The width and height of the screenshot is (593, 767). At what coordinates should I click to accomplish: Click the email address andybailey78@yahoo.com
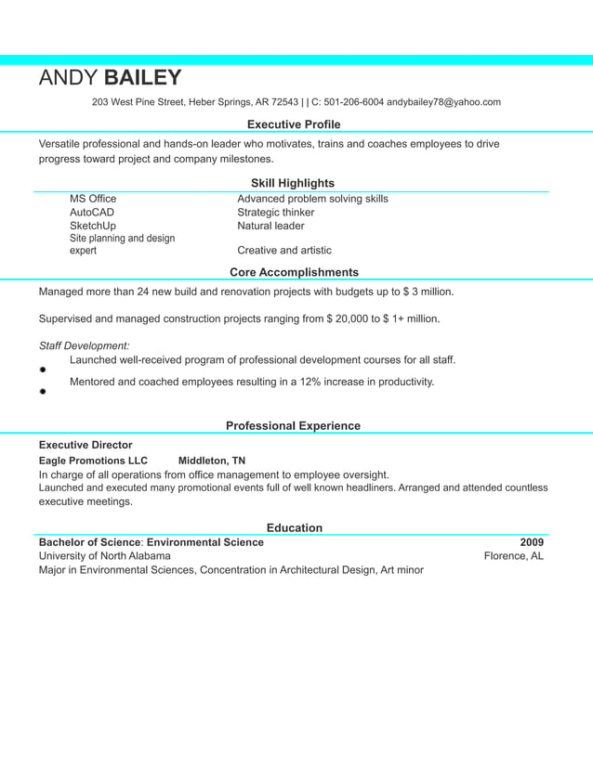point(443,102)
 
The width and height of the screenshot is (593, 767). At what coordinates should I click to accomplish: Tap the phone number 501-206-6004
point(353,102)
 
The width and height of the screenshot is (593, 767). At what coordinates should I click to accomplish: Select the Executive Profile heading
point(294,124)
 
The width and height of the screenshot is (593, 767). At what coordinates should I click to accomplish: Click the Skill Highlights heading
point(293,183)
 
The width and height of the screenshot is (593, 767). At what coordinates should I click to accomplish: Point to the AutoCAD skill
point(92,213)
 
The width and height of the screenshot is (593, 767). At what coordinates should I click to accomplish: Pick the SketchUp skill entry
point(93,226)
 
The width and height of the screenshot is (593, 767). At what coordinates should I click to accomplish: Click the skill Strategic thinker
point(275,213)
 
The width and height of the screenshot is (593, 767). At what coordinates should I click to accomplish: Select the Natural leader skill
point(270,226)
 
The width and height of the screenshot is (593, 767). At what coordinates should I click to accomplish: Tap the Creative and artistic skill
point(284,251)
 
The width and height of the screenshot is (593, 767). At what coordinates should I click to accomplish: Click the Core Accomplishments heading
point(294,272)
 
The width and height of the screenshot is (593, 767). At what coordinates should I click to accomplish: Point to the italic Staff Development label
point(84,345)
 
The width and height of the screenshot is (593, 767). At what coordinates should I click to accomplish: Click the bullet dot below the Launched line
point(43,370)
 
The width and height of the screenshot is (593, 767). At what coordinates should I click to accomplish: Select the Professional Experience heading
point(293,425)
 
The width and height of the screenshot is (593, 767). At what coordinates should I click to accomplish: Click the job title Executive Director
point(86,445)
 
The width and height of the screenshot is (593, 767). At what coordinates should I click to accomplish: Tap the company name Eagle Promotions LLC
point(93,461)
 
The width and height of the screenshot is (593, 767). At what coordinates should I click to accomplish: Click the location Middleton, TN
point(212,461)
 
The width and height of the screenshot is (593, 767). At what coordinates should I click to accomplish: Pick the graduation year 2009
point(532,542)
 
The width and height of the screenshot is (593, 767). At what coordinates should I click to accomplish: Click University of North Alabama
point(104,556)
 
